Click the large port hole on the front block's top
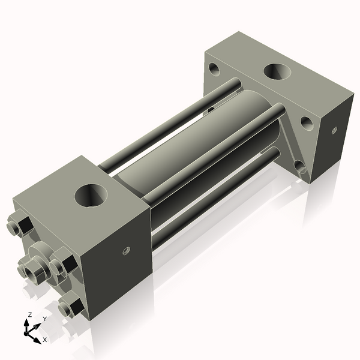click(92, 196)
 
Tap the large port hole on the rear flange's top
click(277, 73)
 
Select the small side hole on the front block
click(126, 250)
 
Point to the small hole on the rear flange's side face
click(334, 129)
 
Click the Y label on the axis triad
click(44, 319)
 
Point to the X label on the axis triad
click(44, 340)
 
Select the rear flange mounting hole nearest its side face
click(306, 122)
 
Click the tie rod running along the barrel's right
click(216, 150)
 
